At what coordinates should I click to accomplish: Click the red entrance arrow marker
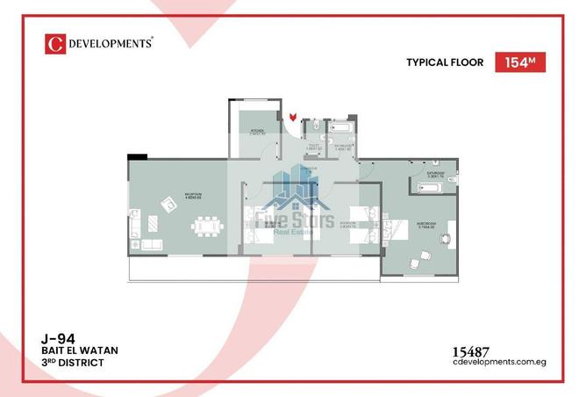pos(294,115)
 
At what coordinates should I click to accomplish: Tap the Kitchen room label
pos(259,131)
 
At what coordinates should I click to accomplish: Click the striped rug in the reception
pos(150,244)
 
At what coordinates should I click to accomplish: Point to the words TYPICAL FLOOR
pos(445,62)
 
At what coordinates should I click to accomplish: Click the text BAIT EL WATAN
pos(79,350)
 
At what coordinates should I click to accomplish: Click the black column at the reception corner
pos(137,157)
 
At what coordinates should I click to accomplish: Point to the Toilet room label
pos(312,148)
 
